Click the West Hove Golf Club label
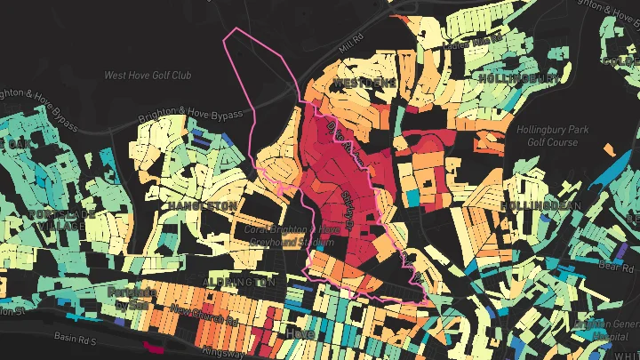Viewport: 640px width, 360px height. [x=148, y=76]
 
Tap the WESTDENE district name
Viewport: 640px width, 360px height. [x=364, y=83]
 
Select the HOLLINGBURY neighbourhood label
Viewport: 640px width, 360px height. [x=519, y=78]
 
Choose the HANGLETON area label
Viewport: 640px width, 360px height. [x=204, y=205]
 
